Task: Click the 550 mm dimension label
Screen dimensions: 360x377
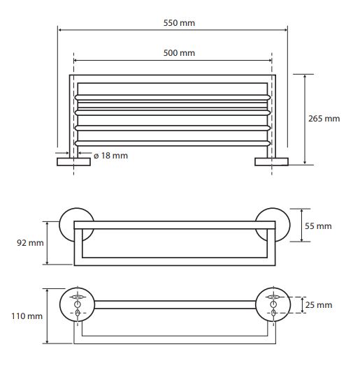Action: pos(179,23)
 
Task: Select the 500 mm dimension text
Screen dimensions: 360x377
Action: pos(179,53)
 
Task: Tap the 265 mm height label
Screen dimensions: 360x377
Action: pos(324,119)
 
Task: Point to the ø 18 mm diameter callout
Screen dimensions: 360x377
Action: pos(110,156)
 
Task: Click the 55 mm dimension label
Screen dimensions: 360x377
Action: pos(318,226)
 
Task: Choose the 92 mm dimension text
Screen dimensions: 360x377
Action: pos(30,243)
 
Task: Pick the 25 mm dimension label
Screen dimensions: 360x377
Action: pos(319,305)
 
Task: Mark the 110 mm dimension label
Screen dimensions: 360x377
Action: pos(27,316)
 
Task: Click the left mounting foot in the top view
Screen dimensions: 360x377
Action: pos(73,162)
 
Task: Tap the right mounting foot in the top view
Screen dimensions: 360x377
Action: pos(272,162)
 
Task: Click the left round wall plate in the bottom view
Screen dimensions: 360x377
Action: pos(78,304)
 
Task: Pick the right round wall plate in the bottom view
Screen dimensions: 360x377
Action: pos(273,304)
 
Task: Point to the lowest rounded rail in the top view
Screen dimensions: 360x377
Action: pos(173,144)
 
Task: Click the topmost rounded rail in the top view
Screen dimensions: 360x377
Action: pos(173,97)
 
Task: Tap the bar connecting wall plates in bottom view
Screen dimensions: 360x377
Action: pos(175,304)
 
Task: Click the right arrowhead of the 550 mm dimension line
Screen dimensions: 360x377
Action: pos(286,30)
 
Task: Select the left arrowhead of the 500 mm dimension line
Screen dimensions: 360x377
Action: pos(75,60)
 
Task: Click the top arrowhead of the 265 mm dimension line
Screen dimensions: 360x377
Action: pos(305,76)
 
